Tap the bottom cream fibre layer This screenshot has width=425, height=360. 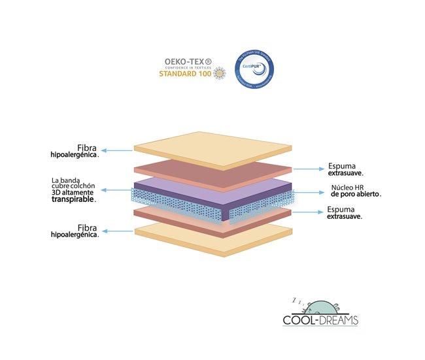(212, 235)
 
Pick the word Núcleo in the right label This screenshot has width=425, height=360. (340, 187)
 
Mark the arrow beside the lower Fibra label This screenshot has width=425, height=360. (118, 231)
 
